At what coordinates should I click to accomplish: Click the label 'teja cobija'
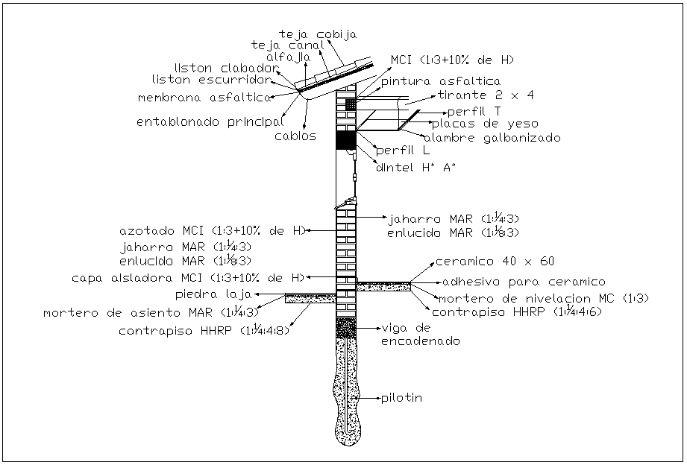[x=319, y=34]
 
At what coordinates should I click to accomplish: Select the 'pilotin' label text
[x=402, y=398]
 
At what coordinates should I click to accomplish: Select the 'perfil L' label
[x=403, y=151]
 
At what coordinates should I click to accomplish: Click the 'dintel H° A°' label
[x=415, y=168]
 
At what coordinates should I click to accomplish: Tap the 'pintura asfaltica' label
[x=441, y=81]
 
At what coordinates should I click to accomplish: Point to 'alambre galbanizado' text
[x=492, y=138]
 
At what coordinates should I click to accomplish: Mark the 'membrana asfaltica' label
[x=204, y=98]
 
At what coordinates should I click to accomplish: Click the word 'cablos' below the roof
[x=295, y=136]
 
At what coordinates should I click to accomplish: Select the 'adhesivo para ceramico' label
[x=524, y=282]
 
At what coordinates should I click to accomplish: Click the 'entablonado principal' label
[x=210, y=121]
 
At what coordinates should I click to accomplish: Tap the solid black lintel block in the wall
[x=346, y=139]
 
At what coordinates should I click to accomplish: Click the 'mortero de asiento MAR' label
[x=151, y=311]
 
